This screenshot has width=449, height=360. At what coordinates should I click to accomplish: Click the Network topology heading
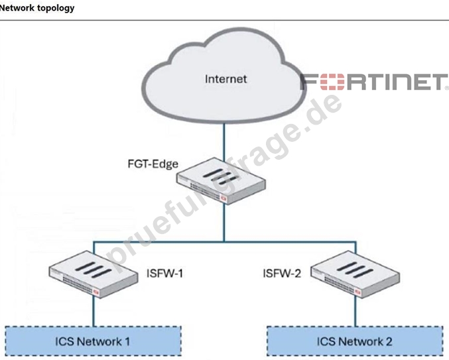pos(37,8)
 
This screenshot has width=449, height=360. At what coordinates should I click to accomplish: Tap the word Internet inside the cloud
pos(225,79)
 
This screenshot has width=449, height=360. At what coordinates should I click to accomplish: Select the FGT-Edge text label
pos(153,164)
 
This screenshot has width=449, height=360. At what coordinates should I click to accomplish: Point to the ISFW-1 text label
pos(164,273)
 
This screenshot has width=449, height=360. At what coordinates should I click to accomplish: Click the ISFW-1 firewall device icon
pos(94,274)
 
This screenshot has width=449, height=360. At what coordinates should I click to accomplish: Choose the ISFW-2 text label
pos(282,273)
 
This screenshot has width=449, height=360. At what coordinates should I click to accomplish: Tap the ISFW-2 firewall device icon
pos(355,274)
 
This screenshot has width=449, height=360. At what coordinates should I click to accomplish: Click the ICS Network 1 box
pos(93,341)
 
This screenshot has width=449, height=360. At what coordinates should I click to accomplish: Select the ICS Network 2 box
pos(355,341)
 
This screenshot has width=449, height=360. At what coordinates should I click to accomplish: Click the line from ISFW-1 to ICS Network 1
pos(94,312)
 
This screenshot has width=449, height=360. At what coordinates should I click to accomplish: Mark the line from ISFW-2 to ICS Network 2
pos(355,312)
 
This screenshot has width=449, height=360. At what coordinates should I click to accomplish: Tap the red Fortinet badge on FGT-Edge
pos(224,198)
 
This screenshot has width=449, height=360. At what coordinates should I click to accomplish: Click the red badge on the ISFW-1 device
pos(96,292)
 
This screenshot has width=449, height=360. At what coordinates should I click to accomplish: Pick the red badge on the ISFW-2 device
pos(357,292)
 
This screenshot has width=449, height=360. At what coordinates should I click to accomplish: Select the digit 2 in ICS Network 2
pos(389,341)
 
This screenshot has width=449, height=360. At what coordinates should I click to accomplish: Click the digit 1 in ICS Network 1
pos(127,341)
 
